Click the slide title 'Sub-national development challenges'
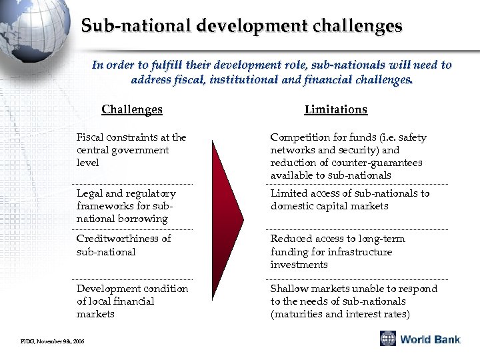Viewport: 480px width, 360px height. click(x=241, y=26)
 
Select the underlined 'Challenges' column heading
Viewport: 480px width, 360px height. click(x=132, y=109)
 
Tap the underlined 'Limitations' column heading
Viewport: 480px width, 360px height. click(x=335, y=109)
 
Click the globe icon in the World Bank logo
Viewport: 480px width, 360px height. click(x=388, y=339)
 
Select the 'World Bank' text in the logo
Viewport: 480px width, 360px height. click(x=430, y=339)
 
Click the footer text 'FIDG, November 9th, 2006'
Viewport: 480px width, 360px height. click(x=47, y=341)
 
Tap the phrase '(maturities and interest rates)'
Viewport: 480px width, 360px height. click(x=340, y=314)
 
